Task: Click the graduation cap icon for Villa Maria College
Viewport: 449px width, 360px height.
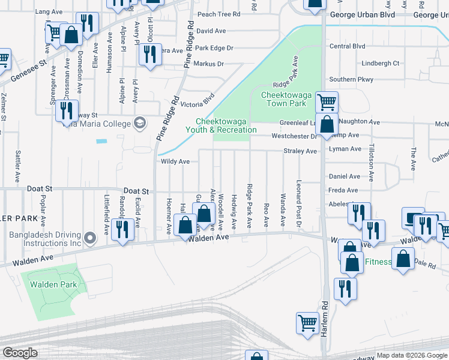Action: (140, 122)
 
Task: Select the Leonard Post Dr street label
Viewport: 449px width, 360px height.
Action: (297, 203)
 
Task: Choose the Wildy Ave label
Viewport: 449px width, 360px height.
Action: (175, 161)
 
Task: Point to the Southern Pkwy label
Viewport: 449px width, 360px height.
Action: (351, 79)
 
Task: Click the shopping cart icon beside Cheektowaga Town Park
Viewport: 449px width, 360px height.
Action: (326, 101)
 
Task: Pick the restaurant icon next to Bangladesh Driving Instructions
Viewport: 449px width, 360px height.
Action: (122, 229)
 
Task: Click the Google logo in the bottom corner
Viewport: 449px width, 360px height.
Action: (20, 353)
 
